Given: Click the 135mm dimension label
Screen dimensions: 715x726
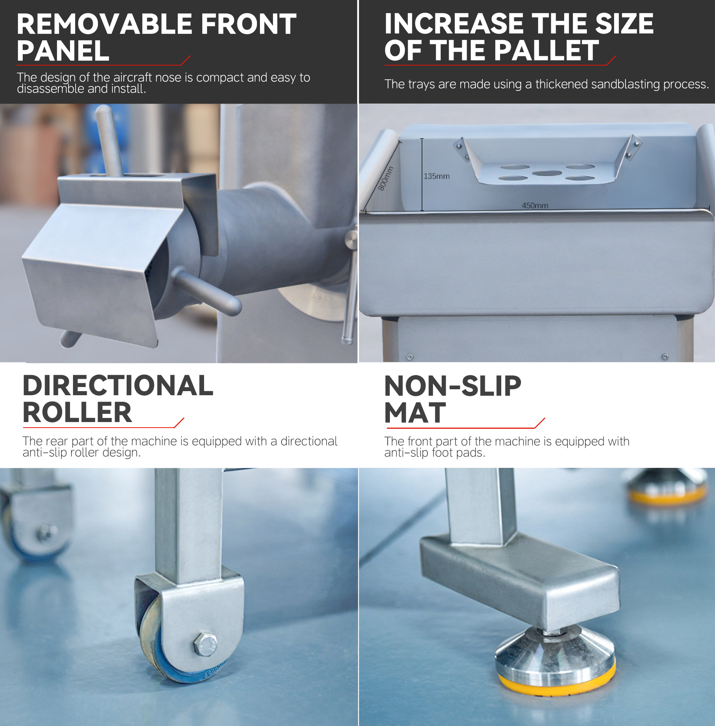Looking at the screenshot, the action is tap(436, 176).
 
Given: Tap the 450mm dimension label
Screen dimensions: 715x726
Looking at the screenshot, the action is tap(535, 206).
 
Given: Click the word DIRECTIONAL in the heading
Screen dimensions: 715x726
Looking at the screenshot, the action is tap(118, 386).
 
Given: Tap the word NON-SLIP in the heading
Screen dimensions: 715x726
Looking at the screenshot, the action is tap(453, 386).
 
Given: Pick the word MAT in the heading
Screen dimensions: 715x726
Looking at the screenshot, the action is tap(415, 413).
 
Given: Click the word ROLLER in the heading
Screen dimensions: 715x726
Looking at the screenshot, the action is tap(77, 412).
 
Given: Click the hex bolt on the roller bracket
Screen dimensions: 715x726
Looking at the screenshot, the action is tap(206, 644).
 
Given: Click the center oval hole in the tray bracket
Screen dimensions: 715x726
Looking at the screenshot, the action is tap(547, 173).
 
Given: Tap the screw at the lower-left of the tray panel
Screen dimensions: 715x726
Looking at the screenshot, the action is tap(410, 357).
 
